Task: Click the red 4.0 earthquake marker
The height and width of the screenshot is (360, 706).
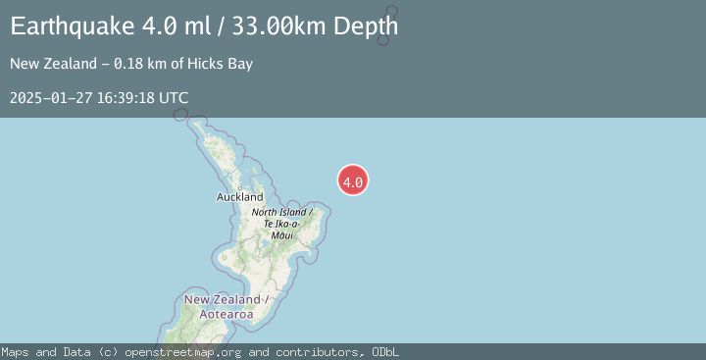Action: (x=353, y=180)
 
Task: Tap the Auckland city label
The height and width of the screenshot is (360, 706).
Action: (x=240, y=197)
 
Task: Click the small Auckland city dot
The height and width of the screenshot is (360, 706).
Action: (x=239, y=188)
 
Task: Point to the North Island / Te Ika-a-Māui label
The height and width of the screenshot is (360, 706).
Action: (x=281, y=224)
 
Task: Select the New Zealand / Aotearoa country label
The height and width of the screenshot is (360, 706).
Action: (x=222, y=306)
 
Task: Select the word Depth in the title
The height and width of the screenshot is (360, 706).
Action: (x=365, y=26)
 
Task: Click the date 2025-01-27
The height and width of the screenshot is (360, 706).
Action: (x=48, y=98)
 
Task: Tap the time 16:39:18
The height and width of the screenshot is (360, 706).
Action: (x=123, y=98)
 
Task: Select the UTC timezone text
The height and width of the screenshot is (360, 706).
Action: (x=173, y=98)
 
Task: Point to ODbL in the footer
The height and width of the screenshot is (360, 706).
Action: (x=383, y=352)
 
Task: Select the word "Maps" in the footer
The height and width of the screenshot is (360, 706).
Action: (x=15, y=352)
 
